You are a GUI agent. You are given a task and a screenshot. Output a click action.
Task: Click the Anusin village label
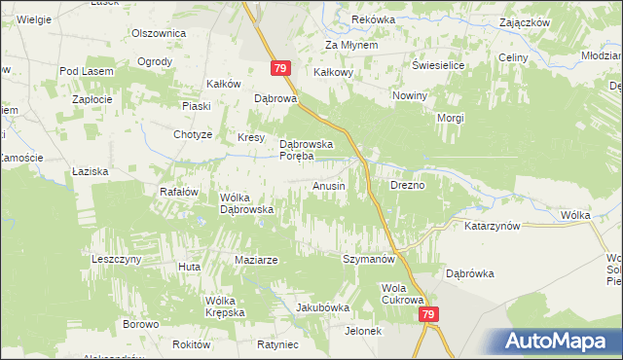328,186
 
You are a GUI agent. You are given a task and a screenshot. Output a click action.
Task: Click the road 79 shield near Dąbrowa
279,67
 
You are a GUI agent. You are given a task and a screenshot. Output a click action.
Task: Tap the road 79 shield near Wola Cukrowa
428,315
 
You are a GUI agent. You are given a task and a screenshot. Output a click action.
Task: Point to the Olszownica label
159,32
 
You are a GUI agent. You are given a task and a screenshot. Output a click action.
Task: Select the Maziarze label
257,260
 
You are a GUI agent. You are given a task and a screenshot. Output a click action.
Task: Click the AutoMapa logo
559,341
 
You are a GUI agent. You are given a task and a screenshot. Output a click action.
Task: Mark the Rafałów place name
178,192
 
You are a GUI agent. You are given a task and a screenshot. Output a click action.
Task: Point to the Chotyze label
192,134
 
